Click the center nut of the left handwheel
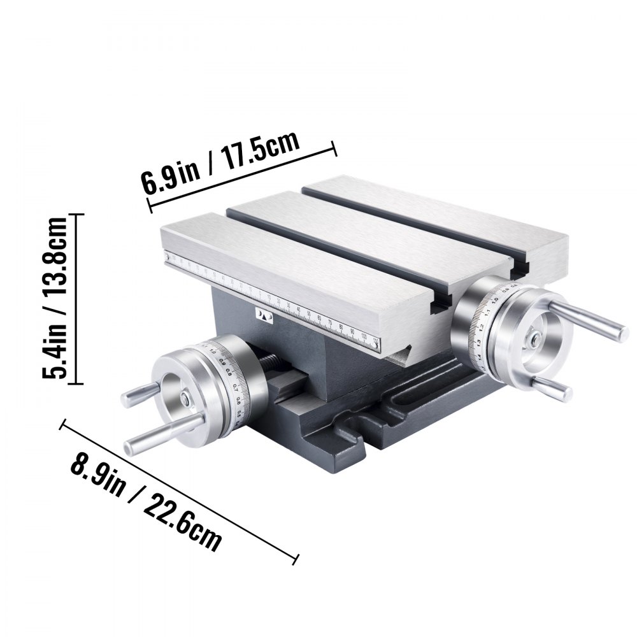pos(183,399)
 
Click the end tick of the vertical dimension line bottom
pos(76,383)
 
